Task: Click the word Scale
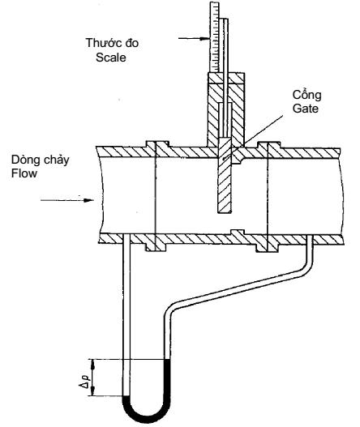click(x=110, y=58)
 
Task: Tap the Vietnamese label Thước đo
click(x=112, y=43)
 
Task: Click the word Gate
click(x=305, y=109)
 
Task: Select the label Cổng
click(x=306, y=95)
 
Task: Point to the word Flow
click(x=24, y=173)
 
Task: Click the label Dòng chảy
click(x=40, y=160)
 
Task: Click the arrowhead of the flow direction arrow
click(x=89, y=200)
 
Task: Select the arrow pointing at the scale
click(x=195, y=38)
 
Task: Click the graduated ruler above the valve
click(x=214, y=37)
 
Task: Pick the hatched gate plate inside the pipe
click(x=225, y=175)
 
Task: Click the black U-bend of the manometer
click(x=147, y=412)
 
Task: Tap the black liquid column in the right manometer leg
click(x=167, y=378)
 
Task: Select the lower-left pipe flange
click(x=156, y=247)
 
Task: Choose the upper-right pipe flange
click(x=269, y=145)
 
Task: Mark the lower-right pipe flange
click(x=267, y=247)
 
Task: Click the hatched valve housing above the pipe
click(x=225, y=109)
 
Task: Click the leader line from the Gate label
click(x=263, y=130)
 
